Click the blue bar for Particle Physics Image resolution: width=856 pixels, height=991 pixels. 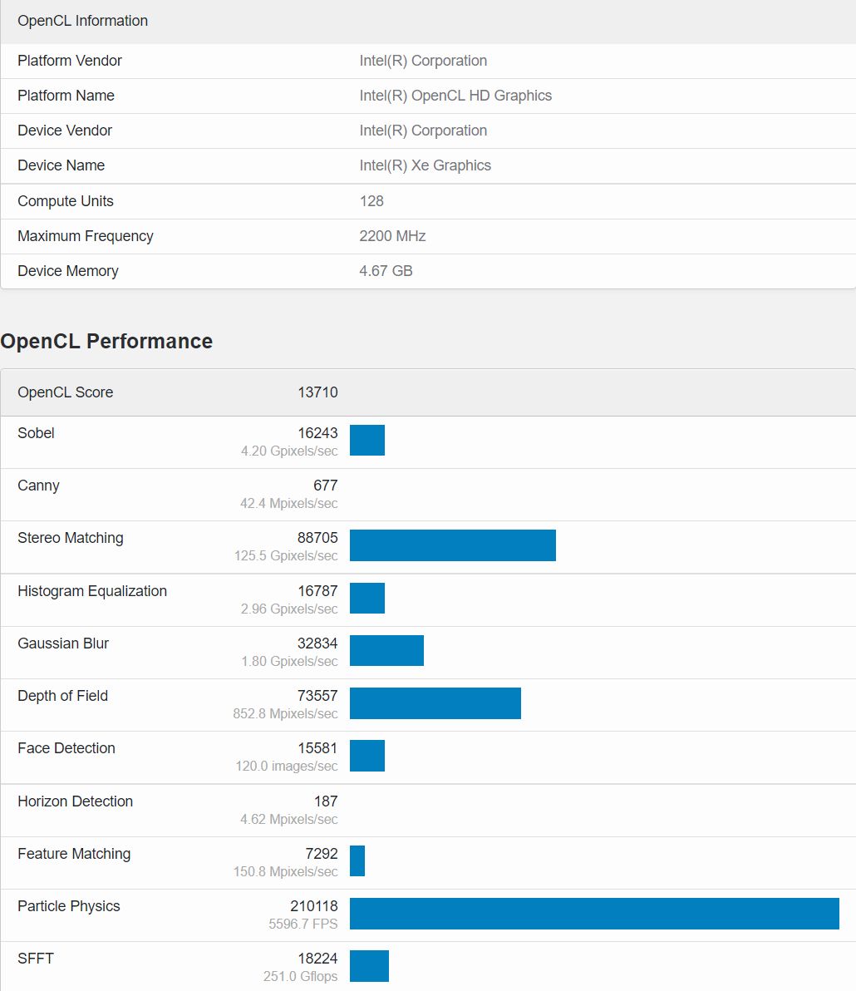tap(594, 913)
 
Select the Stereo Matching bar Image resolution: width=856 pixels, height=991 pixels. tap(452, 545)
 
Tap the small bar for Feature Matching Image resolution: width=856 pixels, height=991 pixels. tap(357, 860)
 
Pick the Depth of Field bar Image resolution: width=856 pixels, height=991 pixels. tap(435, 703)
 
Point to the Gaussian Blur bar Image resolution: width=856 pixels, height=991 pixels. tap(386, 650)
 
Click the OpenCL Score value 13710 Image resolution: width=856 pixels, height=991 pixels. tap(317, 392)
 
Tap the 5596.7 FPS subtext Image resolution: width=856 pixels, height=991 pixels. tap(303, 924)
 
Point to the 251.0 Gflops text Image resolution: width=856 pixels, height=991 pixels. tap(300, 976)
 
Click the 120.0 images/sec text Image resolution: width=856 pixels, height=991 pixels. tap(286, 766)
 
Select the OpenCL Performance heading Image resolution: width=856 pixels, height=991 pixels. tap(106, 342)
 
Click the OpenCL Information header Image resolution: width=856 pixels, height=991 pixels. tap(82, 21)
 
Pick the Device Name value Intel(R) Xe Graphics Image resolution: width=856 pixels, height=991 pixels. tap(425, 165)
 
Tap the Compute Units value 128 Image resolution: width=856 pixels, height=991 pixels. tap(371, 201)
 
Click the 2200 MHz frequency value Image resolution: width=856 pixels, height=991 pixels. tap(392, 236)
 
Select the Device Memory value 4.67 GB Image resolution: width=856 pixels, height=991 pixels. tap(386, 271)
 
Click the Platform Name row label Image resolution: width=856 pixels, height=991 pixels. tap(66, 96)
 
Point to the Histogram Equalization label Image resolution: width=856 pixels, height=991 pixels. tap(92, 591)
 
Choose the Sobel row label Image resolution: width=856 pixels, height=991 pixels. tap(36, 433)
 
